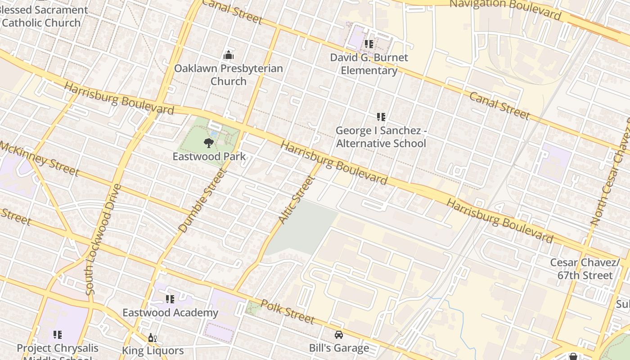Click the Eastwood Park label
pos(209,157)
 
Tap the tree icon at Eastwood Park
pos(208,144)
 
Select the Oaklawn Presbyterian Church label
pos(229,75)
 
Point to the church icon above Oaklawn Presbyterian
pos(229,55)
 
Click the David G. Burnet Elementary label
pos(369,64)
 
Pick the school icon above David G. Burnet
pos(369,44)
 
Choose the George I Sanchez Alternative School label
pos(381,137)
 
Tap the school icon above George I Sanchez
pos(381,117)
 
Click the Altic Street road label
pos(296,199)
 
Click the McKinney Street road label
pos(40,159)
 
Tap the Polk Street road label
pos(287,311)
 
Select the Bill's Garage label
pos(339,348)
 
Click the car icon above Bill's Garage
pos(339,335)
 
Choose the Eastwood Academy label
pos(170,313)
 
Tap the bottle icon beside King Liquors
pos(152,338)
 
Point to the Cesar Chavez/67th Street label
pos(585,269)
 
